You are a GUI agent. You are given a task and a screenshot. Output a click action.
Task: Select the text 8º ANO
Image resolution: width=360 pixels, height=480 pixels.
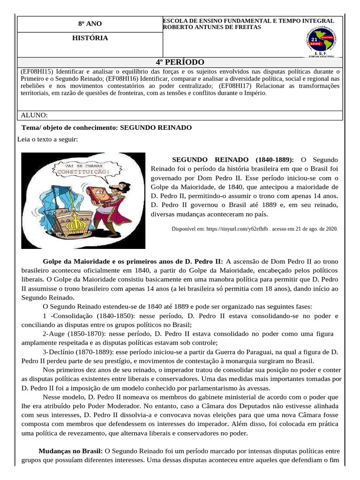[x=90, y=24]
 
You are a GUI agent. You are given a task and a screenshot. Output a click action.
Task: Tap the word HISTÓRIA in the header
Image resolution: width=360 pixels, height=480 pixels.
[x=90, y=37]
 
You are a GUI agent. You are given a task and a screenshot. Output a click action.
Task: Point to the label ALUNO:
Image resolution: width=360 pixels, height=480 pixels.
[x=35, y=115]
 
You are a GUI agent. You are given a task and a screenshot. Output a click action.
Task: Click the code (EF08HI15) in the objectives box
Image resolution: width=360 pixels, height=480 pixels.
[x=38, y=71]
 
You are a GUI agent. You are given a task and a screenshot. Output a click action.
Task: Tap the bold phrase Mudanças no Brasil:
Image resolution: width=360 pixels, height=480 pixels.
[x=70, y=451]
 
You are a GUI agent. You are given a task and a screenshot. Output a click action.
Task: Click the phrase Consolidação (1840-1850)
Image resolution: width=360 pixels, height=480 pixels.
[x=90, y=316]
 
